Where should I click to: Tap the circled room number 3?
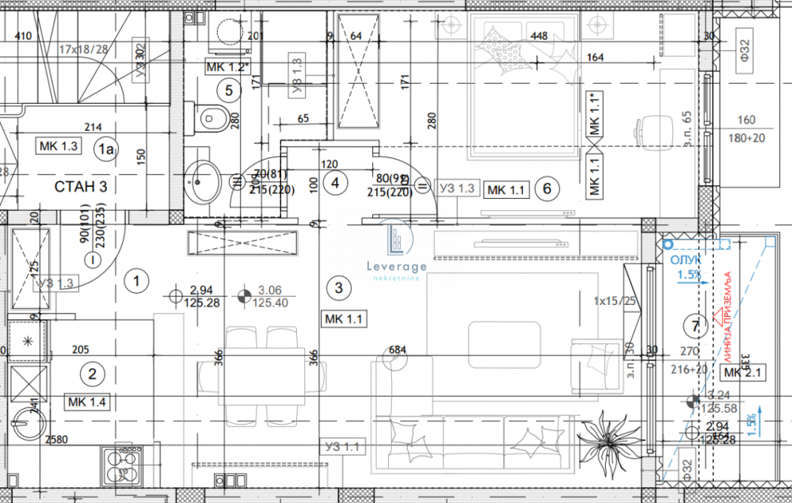pos(339,288)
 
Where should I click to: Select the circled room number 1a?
pos(105,147)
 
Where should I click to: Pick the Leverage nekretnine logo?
pos(397,253)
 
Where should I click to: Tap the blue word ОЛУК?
pos(685,261)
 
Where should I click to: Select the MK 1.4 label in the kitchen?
pos(87,402)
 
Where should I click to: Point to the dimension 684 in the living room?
pos(398,349)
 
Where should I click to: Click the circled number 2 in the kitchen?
pos(93,375)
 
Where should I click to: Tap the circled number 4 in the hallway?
pos(336,183)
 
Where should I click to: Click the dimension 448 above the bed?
pos(539,36)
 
